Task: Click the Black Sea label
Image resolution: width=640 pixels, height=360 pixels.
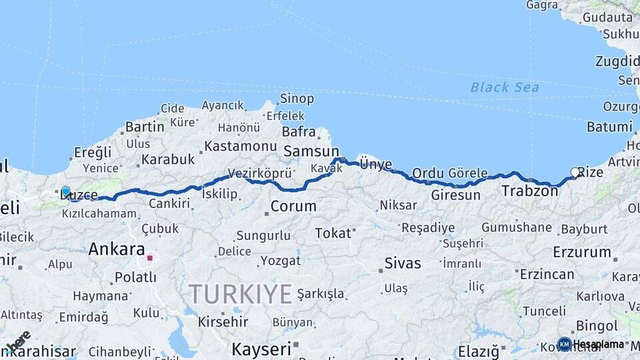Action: [505, 87]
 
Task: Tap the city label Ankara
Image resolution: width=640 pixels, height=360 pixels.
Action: [117, 250]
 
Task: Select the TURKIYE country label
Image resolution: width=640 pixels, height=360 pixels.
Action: [241, 294]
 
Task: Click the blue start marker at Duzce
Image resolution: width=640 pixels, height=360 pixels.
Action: [65, 191]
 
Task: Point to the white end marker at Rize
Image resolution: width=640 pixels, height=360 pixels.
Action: [575, 172]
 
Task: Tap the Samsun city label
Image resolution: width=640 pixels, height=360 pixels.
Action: [311, 151]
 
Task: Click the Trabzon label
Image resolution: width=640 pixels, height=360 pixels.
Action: [529, 191]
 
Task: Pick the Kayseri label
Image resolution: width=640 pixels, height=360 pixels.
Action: [261, 349]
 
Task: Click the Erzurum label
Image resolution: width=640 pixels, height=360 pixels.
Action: [582, 252]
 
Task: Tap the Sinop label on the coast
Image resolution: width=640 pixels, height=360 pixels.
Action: [297, 99]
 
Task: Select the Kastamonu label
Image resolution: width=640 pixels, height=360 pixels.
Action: [241, 145]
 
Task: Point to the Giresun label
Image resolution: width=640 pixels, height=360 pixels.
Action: [455, 195]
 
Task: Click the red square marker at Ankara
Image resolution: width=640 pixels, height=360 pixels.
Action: [151, 258]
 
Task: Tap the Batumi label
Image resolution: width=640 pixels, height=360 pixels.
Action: [609, 127]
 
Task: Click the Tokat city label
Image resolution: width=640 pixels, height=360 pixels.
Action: [333, 233]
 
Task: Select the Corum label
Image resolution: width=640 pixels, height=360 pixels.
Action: [293, 206]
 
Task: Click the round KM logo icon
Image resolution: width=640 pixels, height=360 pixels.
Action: [564, 344]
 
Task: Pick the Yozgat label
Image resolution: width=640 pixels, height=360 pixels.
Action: [281, 260]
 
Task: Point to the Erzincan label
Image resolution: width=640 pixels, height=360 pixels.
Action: [547, 274]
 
